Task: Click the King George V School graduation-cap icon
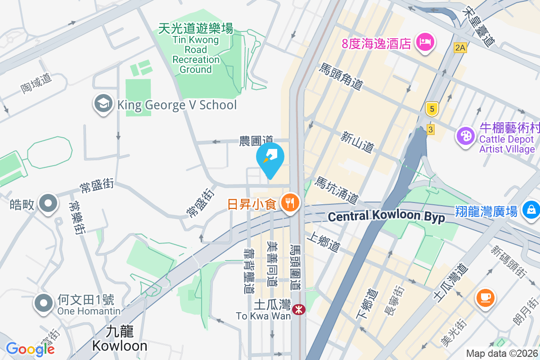[103, 104]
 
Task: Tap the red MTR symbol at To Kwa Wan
[297, 310]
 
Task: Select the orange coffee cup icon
[486, 297]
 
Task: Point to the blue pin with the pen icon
[270, 157]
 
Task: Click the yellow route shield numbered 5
[432, 109]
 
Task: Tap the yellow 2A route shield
[460, 47]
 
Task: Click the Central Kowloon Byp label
[386, 217]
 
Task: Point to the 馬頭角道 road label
[341, 77]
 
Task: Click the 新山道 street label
[358, 142]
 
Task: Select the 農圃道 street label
[256, 141]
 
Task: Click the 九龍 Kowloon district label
[120, 338]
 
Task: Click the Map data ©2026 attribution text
[502, 353]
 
